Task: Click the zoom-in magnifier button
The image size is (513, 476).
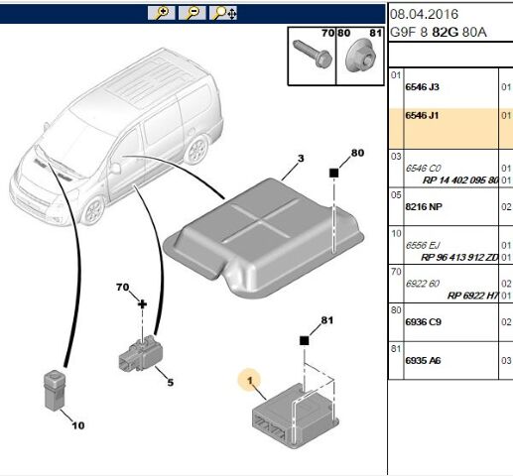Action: [x=161, y=13]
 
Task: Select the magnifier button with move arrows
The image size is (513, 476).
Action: [x=223, y=13]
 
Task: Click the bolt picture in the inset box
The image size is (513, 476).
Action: [x=313, y=54]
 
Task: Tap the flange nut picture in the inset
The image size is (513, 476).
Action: [x=360, y=55]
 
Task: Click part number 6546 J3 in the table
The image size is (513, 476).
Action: [x=422, y=87]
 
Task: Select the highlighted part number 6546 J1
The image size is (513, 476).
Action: [x=422, y=115]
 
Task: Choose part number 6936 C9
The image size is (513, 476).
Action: [x=424, y=322]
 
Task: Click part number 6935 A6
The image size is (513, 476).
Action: [x=423, y=360]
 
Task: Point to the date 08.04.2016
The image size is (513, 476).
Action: [x=424, y=14]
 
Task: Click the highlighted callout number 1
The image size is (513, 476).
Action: [x=250, y=381]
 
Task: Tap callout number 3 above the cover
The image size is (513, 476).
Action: [x=301, y=159]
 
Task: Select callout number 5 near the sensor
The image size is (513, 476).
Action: [x=170, y=383]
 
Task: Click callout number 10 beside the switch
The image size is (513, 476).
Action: [x=78, y=425]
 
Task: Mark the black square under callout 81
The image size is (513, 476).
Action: [x=304, y=340]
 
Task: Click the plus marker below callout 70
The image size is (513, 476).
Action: [x=142, y=304]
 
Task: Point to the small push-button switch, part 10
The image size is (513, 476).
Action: [x=54, y=390]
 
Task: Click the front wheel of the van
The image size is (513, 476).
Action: [x=94, y=209]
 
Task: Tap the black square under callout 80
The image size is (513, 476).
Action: [x=334, y=173]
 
